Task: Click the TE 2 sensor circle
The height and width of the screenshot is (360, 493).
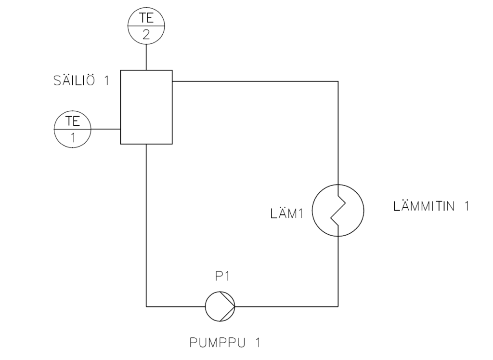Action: point(146,27)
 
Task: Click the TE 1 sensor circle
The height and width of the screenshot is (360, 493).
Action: point(73,129)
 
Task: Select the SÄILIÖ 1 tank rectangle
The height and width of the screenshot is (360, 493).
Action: point(146,107)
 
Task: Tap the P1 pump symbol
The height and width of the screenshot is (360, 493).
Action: point(220,306)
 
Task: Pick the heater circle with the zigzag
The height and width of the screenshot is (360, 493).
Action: point(338,211)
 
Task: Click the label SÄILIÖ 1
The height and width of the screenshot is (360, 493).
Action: point(81,80)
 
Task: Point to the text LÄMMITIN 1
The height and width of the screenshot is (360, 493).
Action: point(431,207)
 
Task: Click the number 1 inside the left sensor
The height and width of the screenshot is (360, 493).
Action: point(73,138)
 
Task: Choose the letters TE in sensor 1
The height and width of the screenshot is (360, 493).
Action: point(73,120)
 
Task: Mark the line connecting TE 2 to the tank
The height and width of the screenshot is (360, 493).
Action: point(146,58)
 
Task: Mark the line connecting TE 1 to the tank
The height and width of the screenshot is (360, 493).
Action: point(105,129)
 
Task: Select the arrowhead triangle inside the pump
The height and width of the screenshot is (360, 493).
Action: point(226,306)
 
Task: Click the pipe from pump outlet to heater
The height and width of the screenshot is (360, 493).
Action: point(289,306)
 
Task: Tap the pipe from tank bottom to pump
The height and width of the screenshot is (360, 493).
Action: point(146,227)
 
